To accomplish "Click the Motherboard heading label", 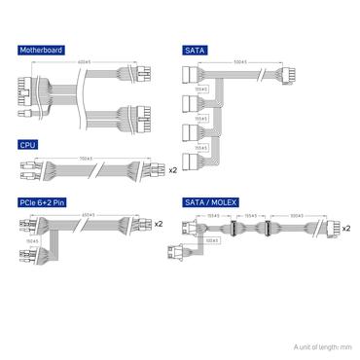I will (x=41, y=49).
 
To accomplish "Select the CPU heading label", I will (x=28, y=144).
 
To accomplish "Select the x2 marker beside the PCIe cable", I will (x=158, y=225).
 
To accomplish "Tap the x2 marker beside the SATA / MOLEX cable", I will (x=347, y=230).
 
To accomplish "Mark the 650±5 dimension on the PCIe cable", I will (x=87, y=214).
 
